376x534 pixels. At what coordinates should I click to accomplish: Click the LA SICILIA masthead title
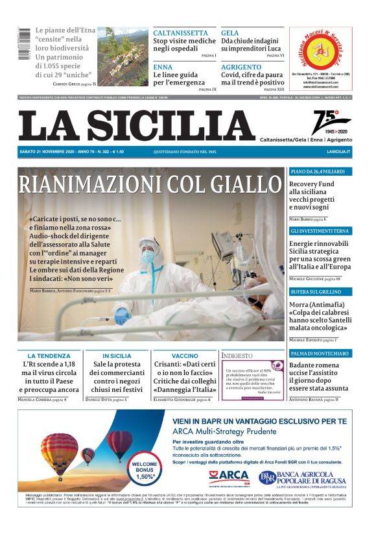click(137, 125)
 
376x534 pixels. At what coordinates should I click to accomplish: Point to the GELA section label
click(229, 32)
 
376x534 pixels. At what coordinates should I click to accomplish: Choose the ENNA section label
click(163, 67)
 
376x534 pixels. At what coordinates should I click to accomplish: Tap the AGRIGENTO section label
click(241, 67)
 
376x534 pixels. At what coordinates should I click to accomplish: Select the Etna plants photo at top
click(123, 56)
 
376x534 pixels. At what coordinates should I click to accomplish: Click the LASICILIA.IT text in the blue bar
click(338, 152)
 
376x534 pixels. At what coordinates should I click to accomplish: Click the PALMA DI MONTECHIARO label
click(320, 354)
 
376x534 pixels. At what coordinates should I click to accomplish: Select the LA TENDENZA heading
click(49, 356)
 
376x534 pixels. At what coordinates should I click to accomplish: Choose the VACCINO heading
click(185, 356)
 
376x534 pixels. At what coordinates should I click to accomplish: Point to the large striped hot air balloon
click(60, 452)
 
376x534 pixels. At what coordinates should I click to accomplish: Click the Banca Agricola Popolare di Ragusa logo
click(305, 479)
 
